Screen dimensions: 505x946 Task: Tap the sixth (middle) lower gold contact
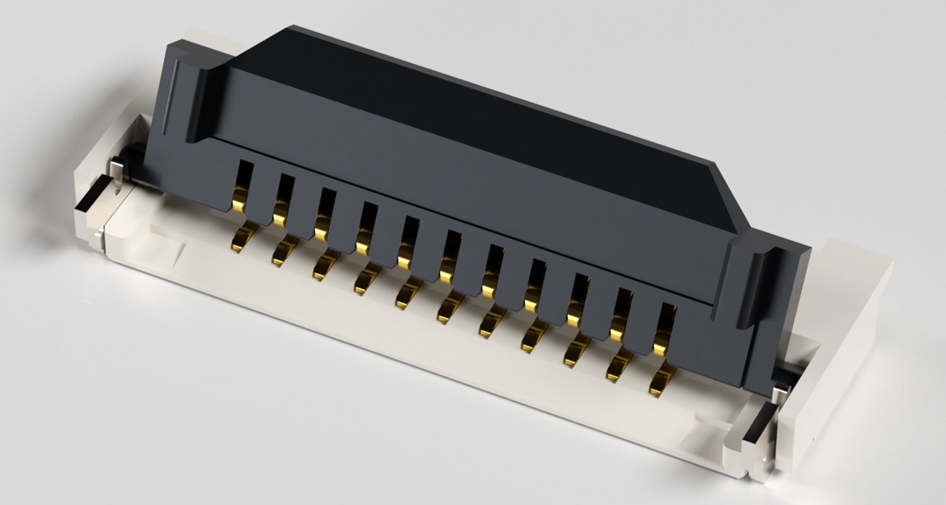click(x=451, y=307)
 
